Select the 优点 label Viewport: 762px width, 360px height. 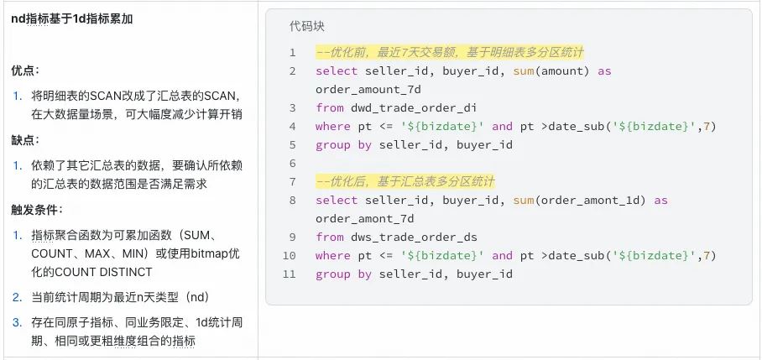coord(25,71)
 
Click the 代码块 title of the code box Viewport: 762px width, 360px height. coord(305,26)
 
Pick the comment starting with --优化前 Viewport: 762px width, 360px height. coord(449,52)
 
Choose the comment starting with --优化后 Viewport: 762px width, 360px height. coord(405,181)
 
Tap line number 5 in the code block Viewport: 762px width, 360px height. coord(292,163)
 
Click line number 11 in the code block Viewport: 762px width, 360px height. coord(289,274)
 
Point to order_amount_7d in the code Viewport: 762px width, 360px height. coord(368,89)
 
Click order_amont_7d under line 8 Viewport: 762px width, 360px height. coord(364,218)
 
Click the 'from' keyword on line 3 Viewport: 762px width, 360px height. coord(330,107)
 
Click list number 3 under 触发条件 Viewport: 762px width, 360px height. coord(16,322)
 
